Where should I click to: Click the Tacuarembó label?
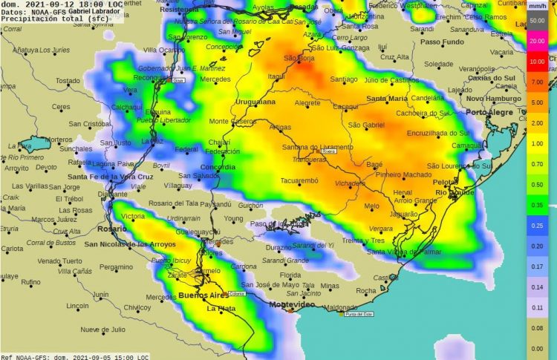(x=299, y=180)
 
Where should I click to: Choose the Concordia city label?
(x=218, y=167)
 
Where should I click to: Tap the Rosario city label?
(x=111, y=229)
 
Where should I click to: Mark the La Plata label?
(x=221, y=309)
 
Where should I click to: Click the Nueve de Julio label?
(x=100, y=329)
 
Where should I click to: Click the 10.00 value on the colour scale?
(x=537, y=62)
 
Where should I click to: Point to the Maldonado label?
(x=342, y=307)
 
